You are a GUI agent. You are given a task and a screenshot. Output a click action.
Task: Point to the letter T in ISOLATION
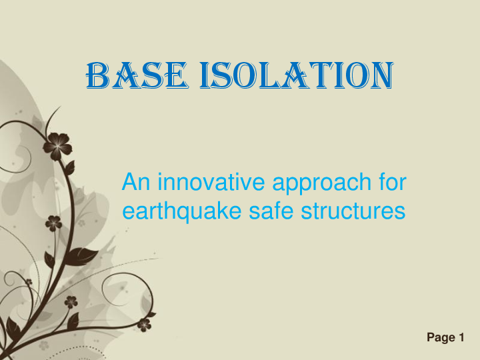(323, 75)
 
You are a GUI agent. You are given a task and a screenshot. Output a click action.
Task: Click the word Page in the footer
(440, 338)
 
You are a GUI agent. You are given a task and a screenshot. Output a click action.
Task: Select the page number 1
(461, 338)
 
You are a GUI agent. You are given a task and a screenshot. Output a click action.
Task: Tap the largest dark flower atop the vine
(57, 145)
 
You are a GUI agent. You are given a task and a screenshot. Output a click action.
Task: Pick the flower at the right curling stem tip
(144, 325)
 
